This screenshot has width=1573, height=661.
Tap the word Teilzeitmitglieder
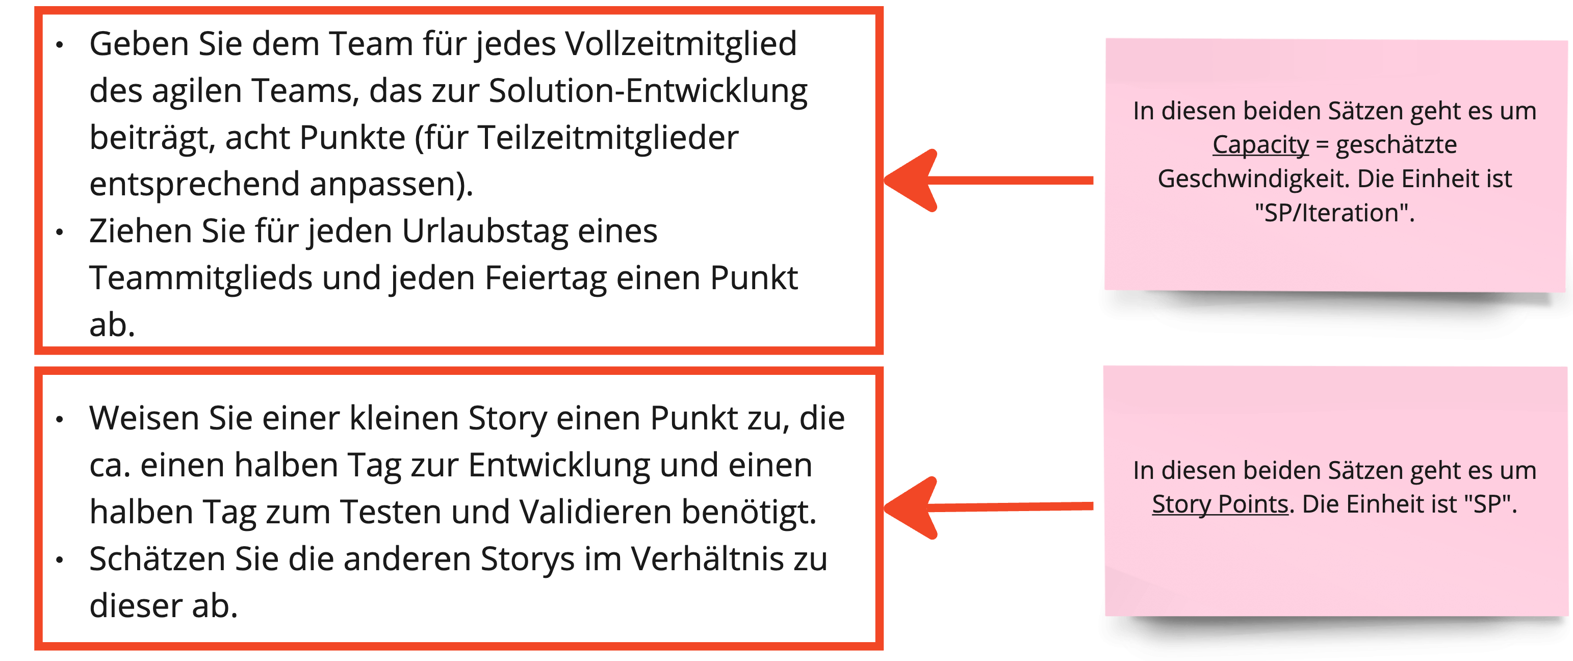pos(608,138)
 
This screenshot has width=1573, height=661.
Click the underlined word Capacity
pos(1261,145)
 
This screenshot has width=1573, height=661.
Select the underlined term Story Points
pos(1220,504)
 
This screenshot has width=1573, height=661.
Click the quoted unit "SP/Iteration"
pos(1335,213)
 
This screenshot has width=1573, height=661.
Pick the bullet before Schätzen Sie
pos(59,560)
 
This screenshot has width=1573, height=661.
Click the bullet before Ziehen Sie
pos(59,233)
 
